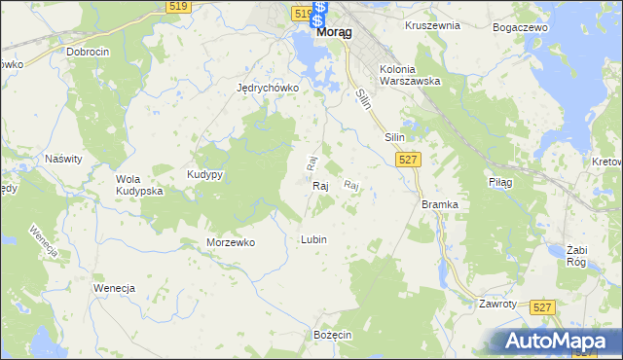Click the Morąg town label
(x=334, y=31)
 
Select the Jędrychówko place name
(x=267, y=87)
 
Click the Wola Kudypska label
(x=139, y=185)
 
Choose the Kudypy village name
(x=205, y=174)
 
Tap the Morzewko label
(x=231, y=242)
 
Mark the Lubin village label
(x=313, y=238)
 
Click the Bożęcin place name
(x=332, y=334)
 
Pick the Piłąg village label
(x=499, y=182)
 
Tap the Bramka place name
(x=440, y=204)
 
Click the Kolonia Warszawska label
(x=410, y=75)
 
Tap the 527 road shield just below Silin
(x=409, y=160)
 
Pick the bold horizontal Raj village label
(x=321, y=185)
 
